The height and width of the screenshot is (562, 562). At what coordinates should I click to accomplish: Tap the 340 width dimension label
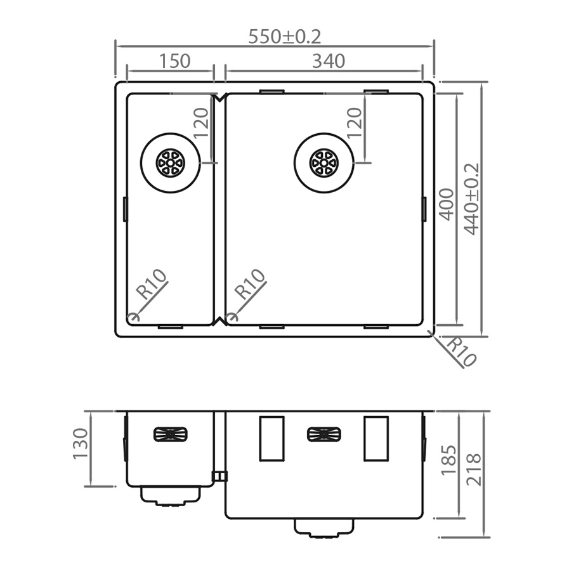coord(329,61)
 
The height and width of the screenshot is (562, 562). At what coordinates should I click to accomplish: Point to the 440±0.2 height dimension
coord(471,199)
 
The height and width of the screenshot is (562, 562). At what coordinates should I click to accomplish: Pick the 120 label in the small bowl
coord(200,122)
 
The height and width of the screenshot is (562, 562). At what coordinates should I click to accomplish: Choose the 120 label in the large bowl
coord(354,122)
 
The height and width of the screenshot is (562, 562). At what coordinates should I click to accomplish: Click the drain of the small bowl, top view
coord(170,162)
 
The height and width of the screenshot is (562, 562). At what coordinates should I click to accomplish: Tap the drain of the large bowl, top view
coord(323,162)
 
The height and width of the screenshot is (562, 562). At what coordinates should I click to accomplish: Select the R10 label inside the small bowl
coord(152,285)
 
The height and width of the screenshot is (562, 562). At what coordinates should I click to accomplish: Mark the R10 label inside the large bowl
coord(250,285)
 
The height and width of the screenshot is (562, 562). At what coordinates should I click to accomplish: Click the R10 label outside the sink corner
coord(461,352)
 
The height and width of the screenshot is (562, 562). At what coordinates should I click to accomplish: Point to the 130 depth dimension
coord(81,444)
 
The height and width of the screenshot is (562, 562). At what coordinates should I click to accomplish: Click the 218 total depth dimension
coord(473,469)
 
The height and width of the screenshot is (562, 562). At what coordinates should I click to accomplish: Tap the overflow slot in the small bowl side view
coord(171,435)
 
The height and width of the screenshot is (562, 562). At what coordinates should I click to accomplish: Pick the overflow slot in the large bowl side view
coord(323,435)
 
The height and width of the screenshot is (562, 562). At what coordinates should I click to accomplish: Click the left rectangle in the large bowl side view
coord(271,438)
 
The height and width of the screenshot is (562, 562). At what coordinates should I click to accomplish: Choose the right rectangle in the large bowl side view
coord(376,438)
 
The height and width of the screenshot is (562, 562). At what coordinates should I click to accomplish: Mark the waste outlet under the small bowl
coord(170,496)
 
